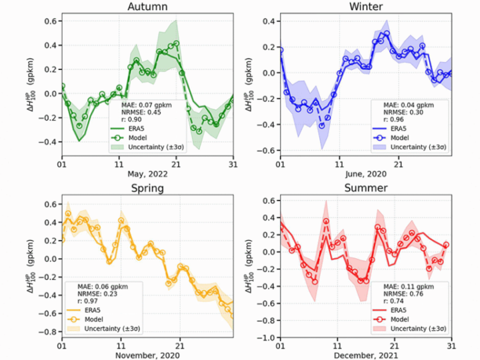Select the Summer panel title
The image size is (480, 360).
[x=366, y=188]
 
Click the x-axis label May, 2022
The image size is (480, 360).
[x=147, y=174]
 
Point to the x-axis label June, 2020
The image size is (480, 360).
[x=366, y=174]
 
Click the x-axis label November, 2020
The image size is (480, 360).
[x=147, y=356]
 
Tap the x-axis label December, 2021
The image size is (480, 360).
[x=366, y=356]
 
